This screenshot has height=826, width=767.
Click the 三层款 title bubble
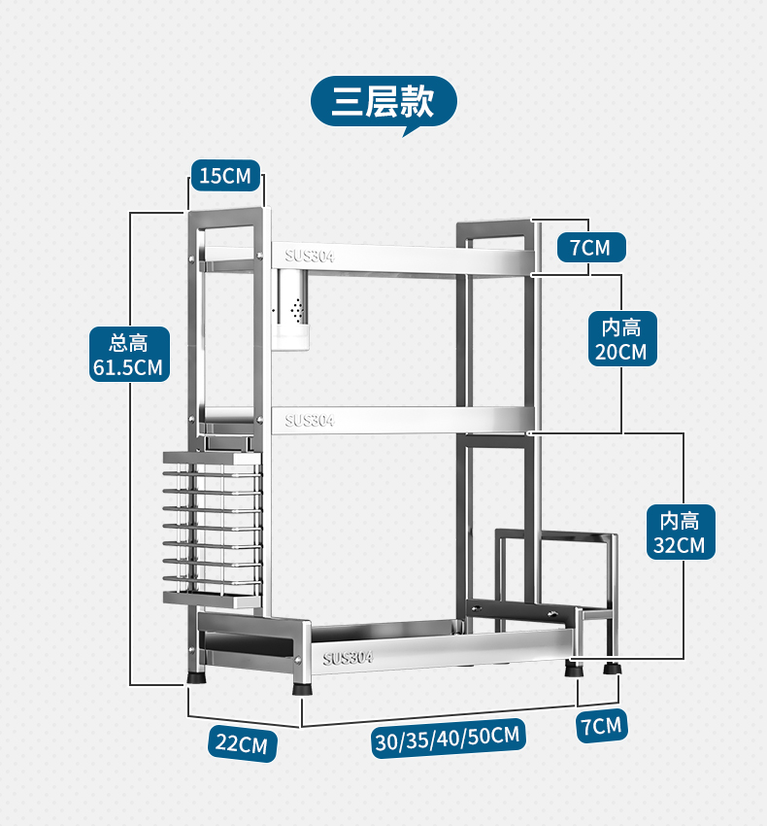(x=383, y=100)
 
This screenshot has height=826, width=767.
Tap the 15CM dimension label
(x=225, y=176)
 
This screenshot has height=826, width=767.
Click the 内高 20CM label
(x=620, y=337)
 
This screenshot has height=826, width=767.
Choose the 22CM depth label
(x=241, y=744)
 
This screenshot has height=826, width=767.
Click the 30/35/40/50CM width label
(x=448, y=736)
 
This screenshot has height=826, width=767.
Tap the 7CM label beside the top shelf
(x=590, y=248)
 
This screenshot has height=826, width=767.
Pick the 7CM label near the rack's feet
(x=601, y=725)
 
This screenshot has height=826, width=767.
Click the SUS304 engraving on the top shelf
(x=310, y=257)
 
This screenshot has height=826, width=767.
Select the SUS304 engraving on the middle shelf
(x=310, y=421)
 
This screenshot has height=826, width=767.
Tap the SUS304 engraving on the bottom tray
(x=348, y=657)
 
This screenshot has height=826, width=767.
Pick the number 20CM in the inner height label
(x=620, y=351)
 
